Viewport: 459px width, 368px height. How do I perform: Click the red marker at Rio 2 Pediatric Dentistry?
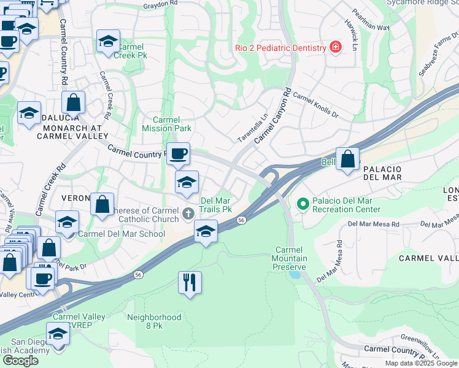pos(335,47)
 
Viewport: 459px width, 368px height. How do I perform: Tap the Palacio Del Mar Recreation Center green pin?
pos(302,203)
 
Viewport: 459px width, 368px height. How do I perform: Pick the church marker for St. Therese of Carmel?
pos(189,214)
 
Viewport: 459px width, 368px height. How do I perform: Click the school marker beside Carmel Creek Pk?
pos(108,42)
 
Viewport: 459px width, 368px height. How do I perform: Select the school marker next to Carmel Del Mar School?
pos(67,222)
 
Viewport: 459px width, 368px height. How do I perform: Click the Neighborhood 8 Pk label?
pos(154,322)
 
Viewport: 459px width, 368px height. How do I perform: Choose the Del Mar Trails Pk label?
pos(216,204)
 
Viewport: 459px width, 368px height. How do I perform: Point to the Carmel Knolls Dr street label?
pos(315,104)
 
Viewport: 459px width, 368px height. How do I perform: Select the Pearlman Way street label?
pos(370,19)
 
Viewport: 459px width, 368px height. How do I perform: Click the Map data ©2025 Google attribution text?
pos(420,363)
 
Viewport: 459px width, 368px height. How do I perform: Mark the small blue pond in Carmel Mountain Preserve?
pos(296,274)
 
